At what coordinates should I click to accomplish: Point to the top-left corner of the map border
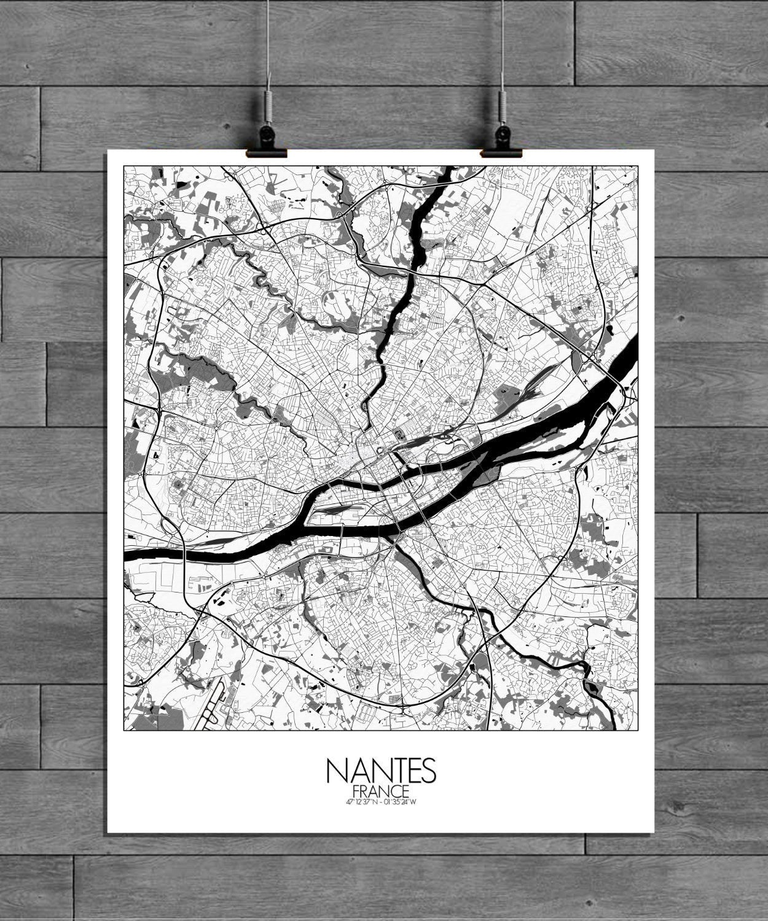[x=124, y=166]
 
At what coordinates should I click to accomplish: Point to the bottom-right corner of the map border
[x=637, y=731]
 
